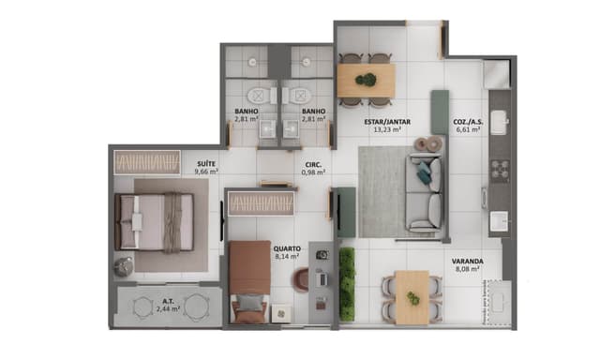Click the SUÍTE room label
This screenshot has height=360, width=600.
(205, 163)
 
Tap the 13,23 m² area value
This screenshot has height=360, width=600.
(383, 130)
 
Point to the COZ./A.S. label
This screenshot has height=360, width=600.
(468, 122)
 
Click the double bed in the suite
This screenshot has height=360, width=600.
(154, 221)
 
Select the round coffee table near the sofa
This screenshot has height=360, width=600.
(432, 143)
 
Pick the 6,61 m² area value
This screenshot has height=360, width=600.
(468, 130)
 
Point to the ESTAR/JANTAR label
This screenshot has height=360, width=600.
(383, 122)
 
